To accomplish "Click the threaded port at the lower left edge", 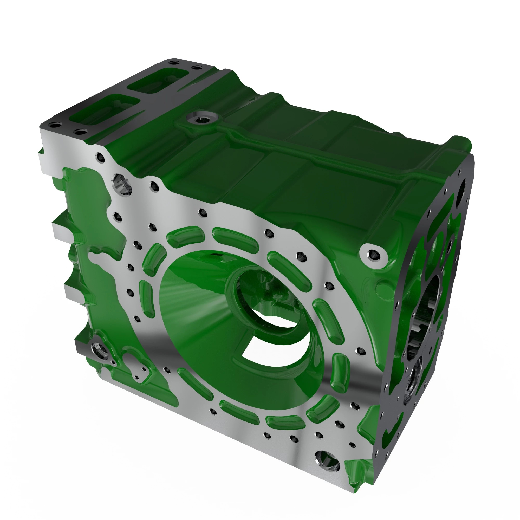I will (99, 350).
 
